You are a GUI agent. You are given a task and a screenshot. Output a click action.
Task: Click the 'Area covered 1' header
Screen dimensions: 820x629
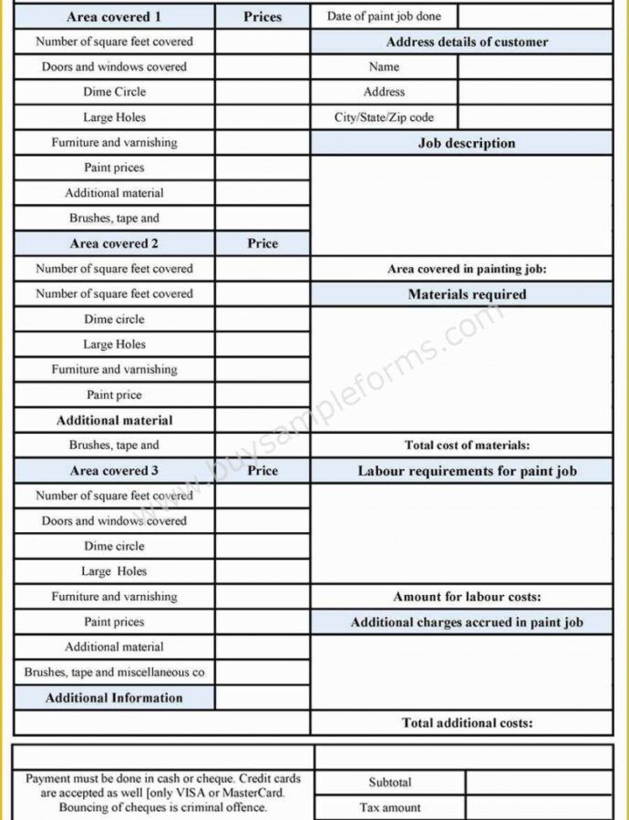[114, 16]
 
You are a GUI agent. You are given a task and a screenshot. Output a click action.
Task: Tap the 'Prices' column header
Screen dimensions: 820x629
[263, 16]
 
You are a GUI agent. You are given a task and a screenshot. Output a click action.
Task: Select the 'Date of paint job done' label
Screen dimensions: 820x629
[384, 16]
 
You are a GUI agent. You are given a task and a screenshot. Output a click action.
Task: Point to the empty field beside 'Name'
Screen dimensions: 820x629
[535, 67]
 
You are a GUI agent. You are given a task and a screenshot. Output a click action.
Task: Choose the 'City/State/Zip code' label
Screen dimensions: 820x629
[384, 118]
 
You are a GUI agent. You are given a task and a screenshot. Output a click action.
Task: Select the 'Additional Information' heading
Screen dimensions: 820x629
[114, 698]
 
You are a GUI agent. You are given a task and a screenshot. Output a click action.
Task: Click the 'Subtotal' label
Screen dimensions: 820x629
[390, 783]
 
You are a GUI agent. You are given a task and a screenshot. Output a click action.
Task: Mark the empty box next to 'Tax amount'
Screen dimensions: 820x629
[539, 807]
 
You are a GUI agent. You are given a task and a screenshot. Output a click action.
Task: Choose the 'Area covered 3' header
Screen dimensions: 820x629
[114, 471]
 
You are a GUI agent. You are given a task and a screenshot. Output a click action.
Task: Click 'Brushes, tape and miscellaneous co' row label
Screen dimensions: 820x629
[114, 672]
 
